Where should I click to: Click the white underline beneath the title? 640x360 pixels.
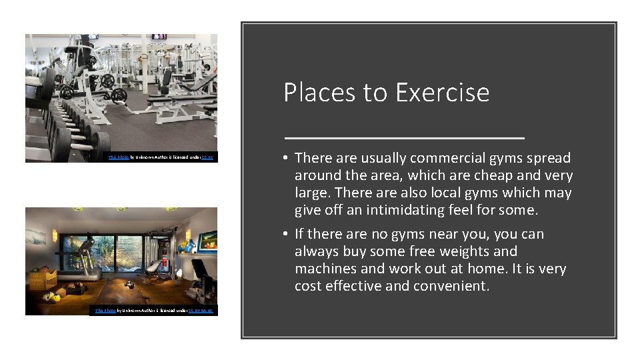404,137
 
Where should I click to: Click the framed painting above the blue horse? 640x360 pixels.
207,239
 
